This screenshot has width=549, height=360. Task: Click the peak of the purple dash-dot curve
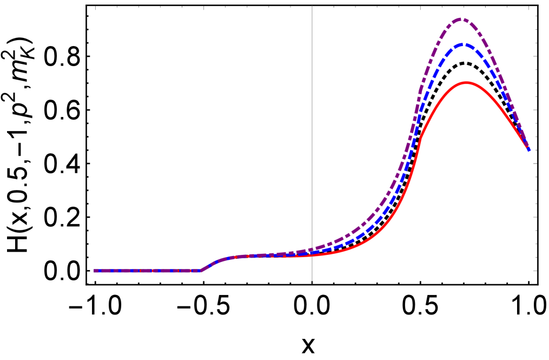[460, 19]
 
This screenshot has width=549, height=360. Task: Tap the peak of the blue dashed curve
[462, 44]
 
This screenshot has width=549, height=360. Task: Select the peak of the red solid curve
[466, 82]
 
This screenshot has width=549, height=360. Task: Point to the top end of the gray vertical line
[312, 6]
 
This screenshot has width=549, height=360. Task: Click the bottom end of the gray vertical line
[312, 283]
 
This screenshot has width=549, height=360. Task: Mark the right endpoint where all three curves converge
[528, 150]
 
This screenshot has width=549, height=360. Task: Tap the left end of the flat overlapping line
[95, 270]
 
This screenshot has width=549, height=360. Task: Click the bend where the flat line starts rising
[201, 270]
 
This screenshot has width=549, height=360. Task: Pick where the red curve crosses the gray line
[312, 255]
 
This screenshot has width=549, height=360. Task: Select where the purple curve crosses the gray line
[312, 249]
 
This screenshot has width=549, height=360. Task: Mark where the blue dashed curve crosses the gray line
[312, 252]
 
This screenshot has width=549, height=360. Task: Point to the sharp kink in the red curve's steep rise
[420, 138]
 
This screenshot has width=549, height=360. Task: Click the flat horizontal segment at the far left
[146, 270]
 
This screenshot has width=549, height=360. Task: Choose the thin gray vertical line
[312, 135]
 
